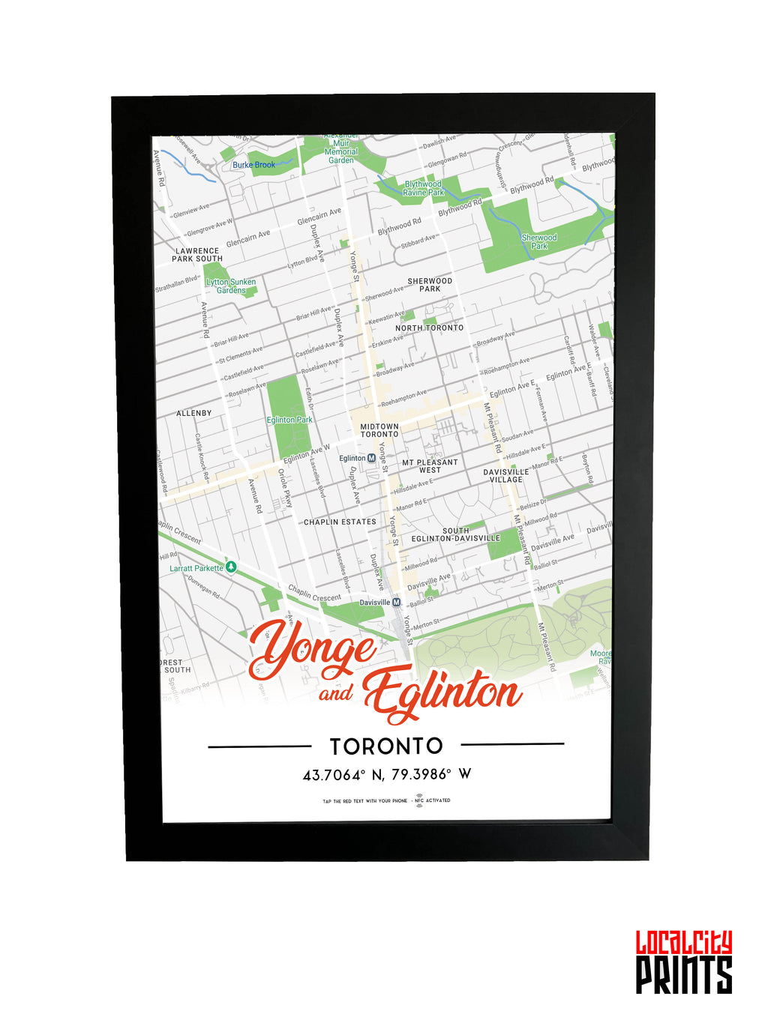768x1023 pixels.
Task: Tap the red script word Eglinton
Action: [442, 692]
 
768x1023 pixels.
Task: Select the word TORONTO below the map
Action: [386, 746]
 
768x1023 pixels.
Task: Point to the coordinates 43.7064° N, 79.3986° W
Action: [386, 774]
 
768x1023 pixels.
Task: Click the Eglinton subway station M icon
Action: [371, 458]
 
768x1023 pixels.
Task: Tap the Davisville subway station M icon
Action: [397, 602]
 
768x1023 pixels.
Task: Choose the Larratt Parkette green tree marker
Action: [232, 567]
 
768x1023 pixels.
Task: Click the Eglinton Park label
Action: [289, 420]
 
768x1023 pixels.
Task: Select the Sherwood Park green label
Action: [539, 241]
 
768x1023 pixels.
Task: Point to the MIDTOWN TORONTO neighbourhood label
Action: [379, 430]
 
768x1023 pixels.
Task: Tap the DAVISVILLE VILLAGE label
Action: [506, 476]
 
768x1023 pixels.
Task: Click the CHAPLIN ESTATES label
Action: [340, 522]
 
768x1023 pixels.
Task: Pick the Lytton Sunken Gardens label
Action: [231, 286]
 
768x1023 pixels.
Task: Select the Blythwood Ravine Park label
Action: [423, 188]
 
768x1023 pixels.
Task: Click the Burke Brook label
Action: [253, 165]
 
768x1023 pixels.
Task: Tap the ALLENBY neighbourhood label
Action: [193, 413]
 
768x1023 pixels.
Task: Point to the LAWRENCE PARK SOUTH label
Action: [197, 255]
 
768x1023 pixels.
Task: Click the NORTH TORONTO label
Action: [430, 328]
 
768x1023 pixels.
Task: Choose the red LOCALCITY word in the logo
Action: [684, 943]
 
